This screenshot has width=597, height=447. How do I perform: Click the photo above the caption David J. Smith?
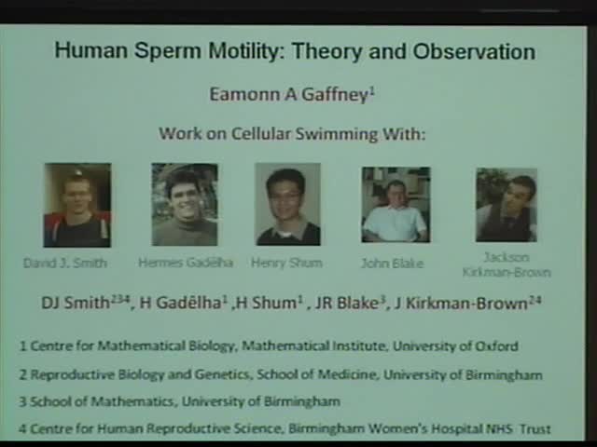(76, 205)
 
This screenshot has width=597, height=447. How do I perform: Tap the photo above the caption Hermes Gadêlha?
(184, 205)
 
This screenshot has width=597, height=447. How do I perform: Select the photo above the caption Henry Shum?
(287, 205)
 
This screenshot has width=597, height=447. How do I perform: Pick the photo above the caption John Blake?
(396, 205)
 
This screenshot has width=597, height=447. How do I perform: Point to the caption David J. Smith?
(65, 263)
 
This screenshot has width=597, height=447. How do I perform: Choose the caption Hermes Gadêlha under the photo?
(185, 263)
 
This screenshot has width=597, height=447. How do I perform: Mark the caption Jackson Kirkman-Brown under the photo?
(507, 264)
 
